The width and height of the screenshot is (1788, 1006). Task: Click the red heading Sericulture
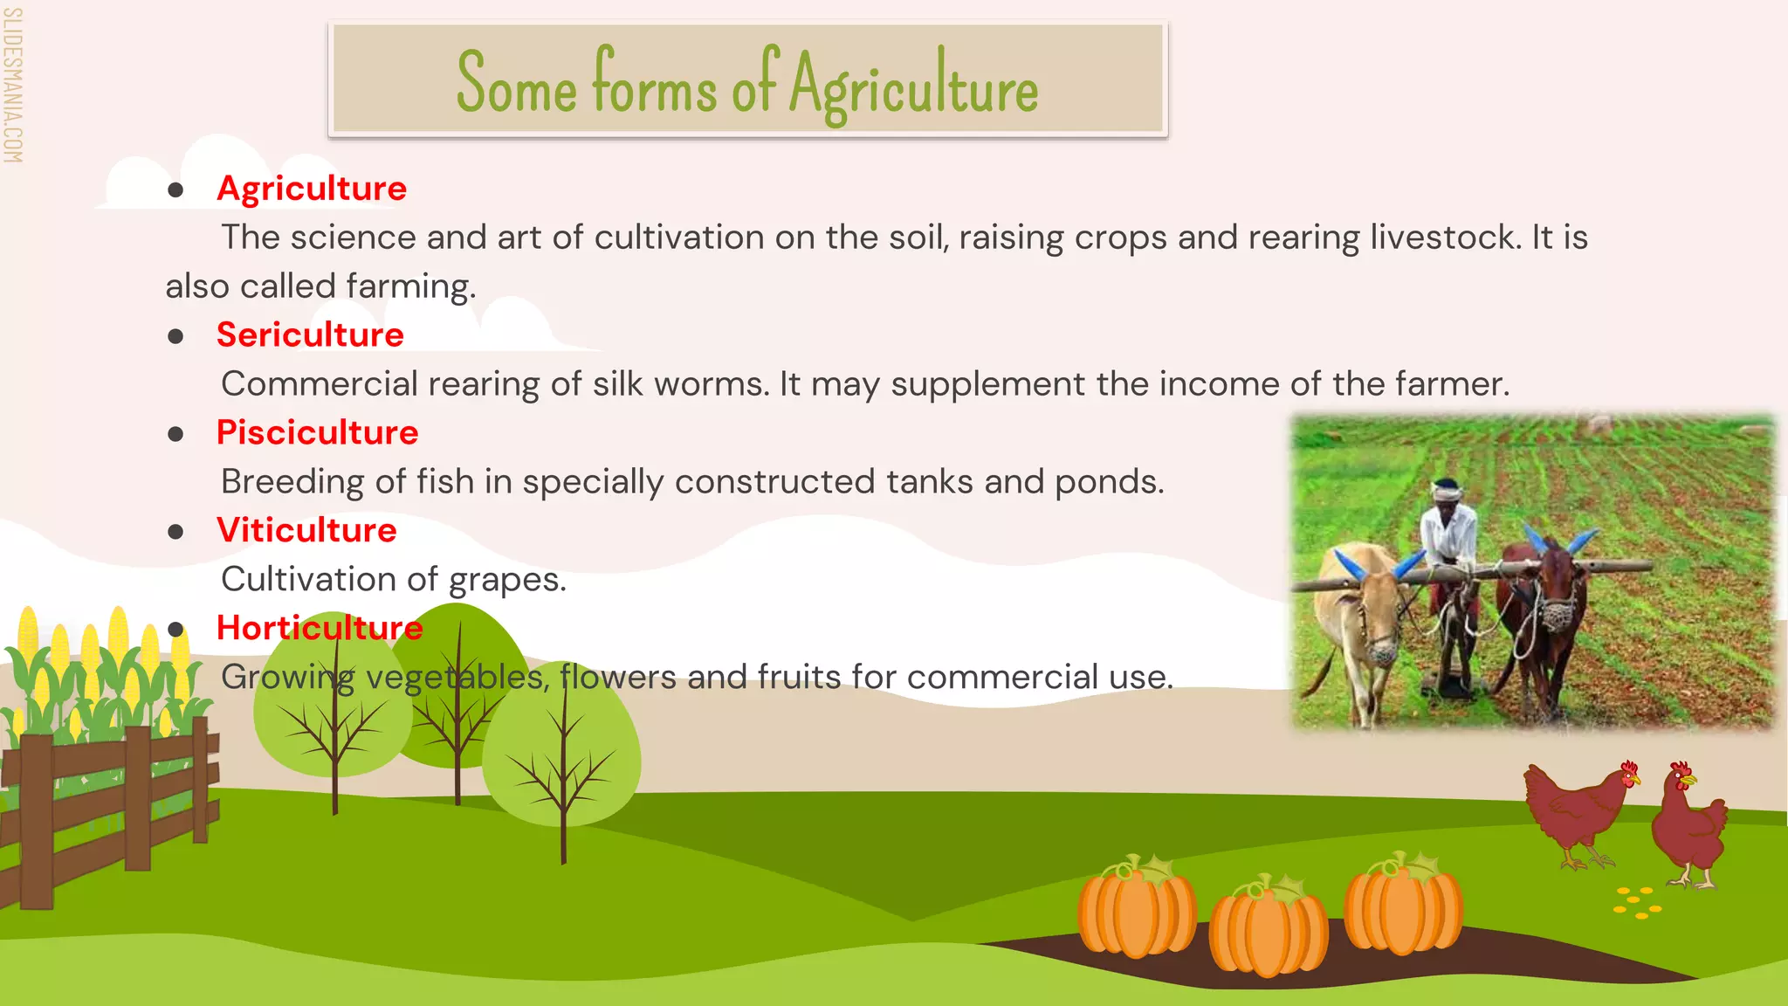pyautogui.click(x=310, y=335)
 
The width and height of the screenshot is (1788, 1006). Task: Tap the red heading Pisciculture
pyautogui.click(x=317, y=433)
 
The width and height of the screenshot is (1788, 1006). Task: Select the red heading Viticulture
pyautogui.click(x=306, y=531)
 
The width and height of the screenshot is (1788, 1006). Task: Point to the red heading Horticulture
pyautogui.click(x=320, y=629)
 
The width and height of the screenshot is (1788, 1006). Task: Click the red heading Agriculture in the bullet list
pyautogui.click(x=312, y=189)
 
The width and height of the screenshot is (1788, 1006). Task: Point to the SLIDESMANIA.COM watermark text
pyautogui.click(x=12, y=85)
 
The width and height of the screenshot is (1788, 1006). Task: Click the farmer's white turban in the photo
pyautogui.click(x=1448, y=489)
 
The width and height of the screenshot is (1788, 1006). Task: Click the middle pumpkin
pyautogui.click(x=1268, y=927)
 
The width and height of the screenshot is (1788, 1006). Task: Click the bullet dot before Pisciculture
pyautogui.click(x=176, y=434)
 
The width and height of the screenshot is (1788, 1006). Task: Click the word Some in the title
pyautogui.click(x=516, y=86)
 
